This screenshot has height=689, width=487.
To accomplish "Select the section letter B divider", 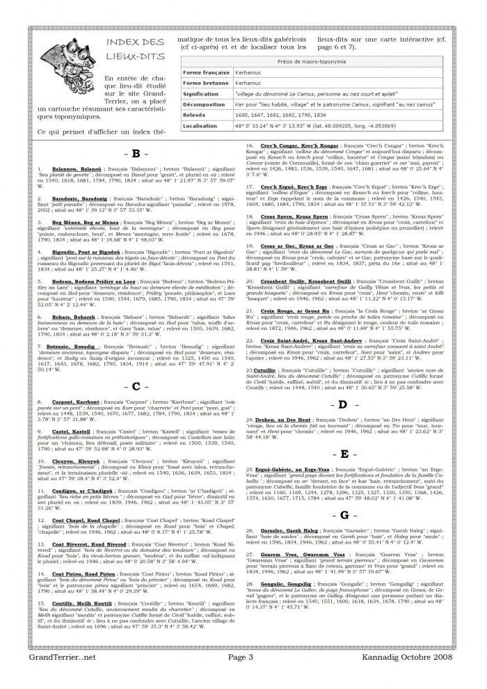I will (x=136, y=153).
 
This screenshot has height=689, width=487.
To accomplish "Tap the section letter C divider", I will (x=136, y=386).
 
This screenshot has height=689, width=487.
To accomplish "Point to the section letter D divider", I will (x=344, y=404).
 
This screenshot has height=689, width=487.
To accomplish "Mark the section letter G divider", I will (x=344, y=515).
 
